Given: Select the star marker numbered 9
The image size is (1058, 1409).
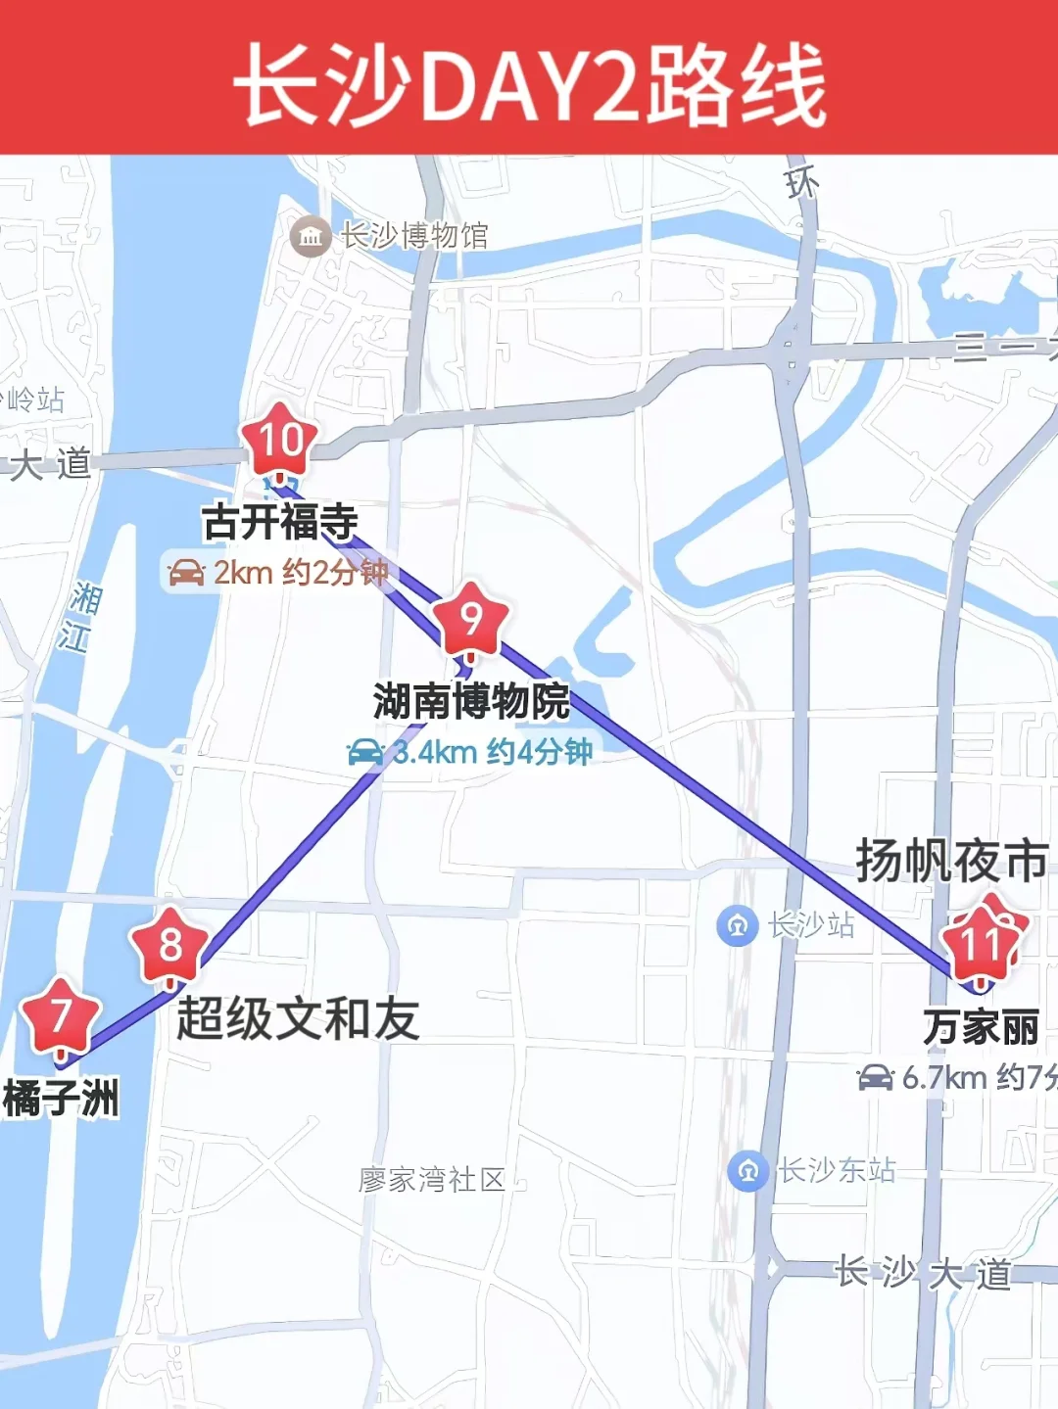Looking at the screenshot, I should [471, 620].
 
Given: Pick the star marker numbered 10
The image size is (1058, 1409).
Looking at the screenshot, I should [281, 440].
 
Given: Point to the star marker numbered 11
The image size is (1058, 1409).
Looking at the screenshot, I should [982, 944].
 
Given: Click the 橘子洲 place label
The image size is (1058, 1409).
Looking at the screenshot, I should [61, 1099].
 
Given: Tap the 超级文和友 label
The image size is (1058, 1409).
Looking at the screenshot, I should [298, 1018].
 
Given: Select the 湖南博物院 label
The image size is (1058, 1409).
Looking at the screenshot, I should [471, 701].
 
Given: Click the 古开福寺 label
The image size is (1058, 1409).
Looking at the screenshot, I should [280, 521].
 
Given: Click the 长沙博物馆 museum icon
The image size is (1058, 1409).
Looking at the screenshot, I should [311, 236].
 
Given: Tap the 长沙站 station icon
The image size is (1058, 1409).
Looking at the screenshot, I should [738, 925].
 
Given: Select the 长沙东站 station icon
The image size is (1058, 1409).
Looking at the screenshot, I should [748, 1170].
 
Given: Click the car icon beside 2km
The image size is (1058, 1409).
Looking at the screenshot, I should [186, 573].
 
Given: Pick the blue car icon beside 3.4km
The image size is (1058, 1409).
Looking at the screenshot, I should [365, 752].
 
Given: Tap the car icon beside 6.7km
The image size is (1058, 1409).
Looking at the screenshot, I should [875, 1078].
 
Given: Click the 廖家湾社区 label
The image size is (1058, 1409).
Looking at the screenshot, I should [431, 1180].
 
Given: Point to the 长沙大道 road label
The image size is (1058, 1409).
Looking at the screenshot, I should [923, 1273].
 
